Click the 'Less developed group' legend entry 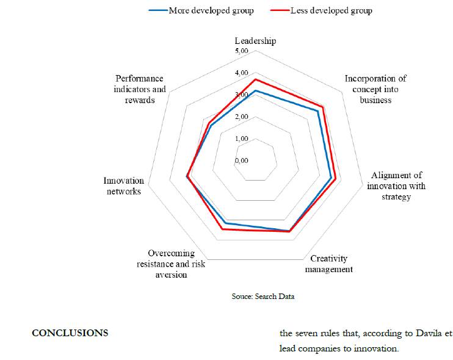[x=332, y=10]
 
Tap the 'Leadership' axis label [x=255, y=41]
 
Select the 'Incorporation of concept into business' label [x=375, y=89]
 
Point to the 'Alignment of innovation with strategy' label [x=396, y=185]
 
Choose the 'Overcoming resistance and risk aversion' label [x=171, y=264]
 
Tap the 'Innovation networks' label [x=123, y=185]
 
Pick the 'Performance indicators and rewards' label [x=140, y=89]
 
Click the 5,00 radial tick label [x=241, y=51]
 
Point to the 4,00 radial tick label [x=241, y=73]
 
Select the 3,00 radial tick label [x=241, y=95]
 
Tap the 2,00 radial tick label [x=241, y=117]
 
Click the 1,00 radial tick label [x=241, y=139]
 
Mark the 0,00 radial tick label [x=241, y=160]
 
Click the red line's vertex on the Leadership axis [x=256, y=79]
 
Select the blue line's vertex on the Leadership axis [x=256, y=91]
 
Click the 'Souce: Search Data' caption [x=259, y=296]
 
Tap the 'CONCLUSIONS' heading [x=70, y=333]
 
